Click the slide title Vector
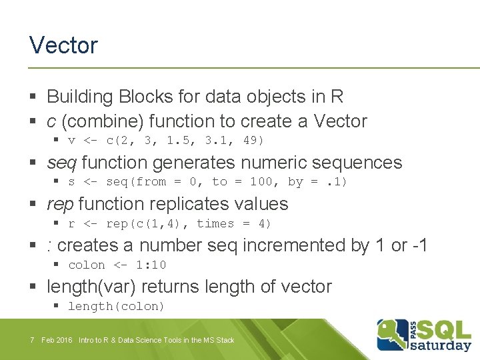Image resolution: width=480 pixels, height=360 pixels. point(63,45)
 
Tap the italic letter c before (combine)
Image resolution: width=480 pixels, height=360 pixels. point(51,121)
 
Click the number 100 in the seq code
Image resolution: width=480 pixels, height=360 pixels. point(261,181)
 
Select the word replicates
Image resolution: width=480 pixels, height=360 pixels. point(193,204)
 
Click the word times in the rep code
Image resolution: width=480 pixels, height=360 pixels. point(215,223)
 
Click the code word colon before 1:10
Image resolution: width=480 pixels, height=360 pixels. point(87,265)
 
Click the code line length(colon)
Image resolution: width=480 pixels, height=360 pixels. point(116,306)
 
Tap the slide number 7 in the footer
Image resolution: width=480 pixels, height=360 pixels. point(32,340)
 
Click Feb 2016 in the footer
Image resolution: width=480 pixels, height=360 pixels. point(57,340)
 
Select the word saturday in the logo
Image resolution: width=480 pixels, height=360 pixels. point(440,345)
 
